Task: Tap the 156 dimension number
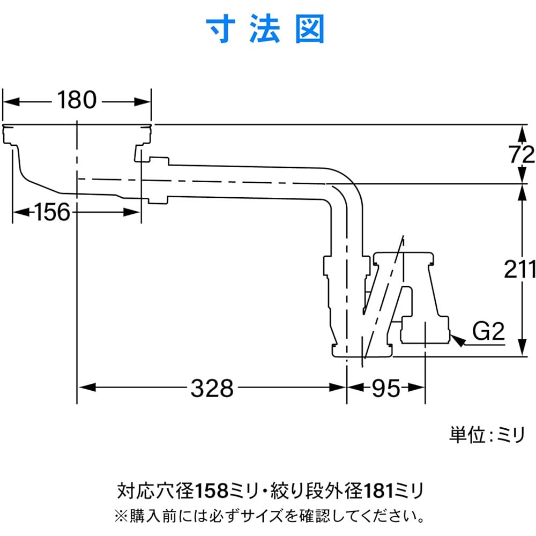click(53, 213)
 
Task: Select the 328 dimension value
click(212, 388)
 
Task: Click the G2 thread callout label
click(488, 333)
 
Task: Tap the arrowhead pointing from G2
click(457, 339)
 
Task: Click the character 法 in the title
click(266, 29)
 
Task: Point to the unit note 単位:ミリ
click(487, 435)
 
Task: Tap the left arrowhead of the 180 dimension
click(11, 100)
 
